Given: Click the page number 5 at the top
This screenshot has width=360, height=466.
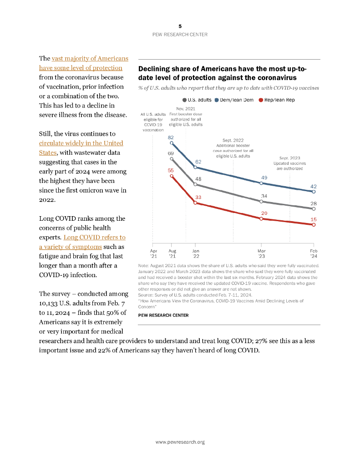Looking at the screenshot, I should [180, 26].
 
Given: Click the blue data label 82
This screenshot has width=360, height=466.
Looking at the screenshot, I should [171, 137].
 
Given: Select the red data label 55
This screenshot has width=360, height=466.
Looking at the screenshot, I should [171, 170].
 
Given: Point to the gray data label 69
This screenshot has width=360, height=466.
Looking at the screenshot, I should [171, 153].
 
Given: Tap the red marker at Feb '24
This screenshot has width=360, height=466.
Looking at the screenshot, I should [314, 224].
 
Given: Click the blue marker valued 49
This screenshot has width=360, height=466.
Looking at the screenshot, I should [261, 183].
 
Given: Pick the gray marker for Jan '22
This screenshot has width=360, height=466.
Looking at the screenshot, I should [196, 184].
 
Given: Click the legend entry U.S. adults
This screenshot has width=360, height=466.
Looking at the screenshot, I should [196, 100].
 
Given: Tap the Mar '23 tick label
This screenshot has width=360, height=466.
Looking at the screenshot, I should [262, 253].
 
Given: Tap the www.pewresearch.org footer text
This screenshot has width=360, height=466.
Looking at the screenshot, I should [180, 442].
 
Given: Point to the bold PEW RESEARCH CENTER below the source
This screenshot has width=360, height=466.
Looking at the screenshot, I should [163, 315].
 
